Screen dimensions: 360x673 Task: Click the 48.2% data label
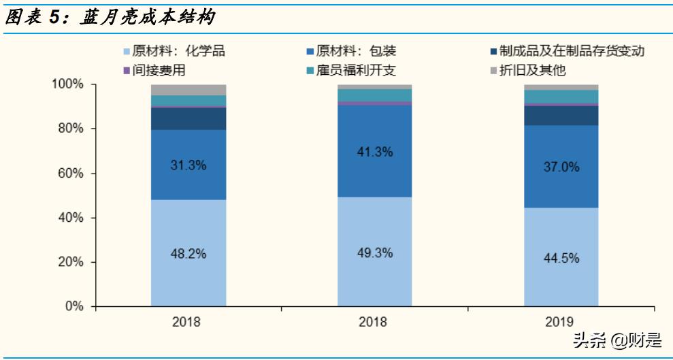[x=188, y=253]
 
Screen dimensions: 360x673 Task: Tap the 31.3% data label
[x=188, y=164]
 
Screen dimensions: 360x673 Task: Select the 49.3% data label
[x=375, y=253]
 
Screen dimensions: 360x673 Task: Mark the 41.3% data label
[x=375, y=152]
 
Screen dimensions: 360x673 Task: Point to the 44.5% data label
[x=561, y=258]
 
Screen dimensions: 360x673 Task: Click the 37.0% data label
[x=561, y=167]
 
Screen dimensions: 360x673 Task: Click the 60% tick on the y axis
[x=70, y=174]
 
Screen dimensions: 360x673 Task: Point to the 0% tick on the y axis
[x=73, y=307]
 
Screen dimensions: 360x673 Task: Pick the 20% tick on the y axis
[x=70, y=263]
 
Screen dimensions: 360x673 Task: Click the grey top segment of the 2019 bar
[x=561, y=87]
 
